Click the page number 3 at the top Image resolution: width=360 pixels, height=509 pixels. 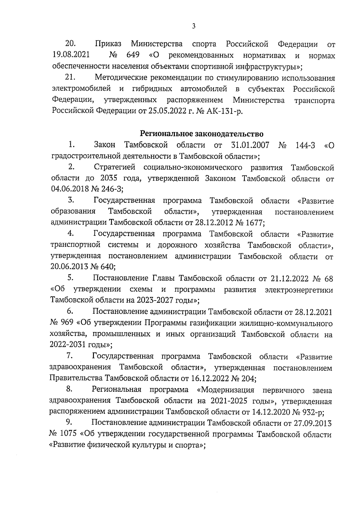pos(193,26)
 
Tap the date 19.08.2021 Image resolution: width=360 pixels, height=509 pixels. pos(69,55)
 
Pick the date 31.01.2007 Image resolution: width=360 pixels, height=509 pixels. pos(250,145)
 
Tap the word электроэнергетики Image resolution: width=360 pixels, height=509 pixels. pos(299,290)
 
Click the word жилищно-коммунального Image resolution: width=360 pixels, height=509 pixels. pos(286,323)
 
